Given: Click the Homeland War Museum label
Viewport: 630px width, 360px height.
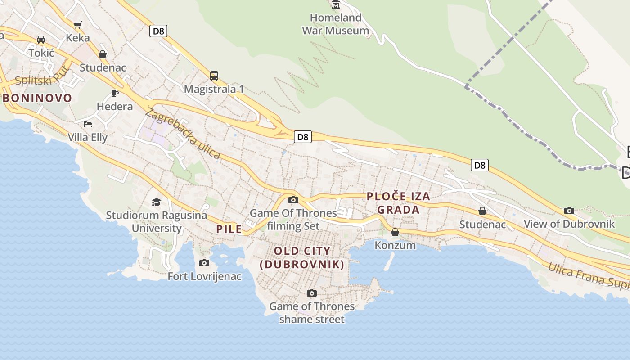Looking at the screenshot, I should [x=335, y=24].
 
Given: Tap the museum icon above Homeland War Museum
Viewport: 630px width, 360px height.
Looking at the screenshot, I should [x=336, y=5].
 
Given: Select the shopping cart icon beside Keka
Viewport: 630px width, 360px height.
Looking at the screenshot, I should [x=78, y=24].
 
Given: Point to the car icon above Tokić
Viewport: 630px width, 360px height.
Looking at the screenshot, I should [x=41, y=40].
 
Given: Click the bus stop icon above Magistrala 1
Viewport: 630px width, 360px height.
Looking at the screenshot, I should [x=214, y=76].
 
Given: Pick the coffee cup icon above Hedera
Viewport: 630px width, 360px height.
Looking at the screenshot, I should [x=115, y=93].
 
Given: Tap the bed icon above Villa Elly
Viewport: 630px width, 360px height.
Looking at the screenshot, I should [x=88, y=124].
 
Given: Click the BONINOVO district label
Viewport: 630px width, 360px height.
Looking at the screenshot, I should [x=37, y=98].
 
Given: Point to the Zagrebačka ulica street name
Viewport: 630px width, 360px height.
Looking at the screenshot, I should [x=183, y=134].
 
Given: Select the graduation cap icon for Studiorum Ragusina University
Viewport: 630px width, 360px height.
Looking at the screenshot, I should [x=156, y=202].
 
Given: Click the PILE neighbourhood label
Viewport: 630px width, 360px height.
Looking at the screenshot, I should [x=229, y=229].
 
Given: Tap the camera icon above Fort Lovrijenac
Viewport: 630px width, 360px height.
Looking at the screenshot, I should [x=204, y=263].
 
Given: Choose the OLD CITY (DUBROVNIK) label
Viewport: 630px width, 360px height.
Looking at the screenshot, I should [x=302, y=257].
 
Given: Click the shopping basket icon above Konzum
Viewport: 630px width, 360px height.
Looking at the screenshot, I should [x=395, y=232].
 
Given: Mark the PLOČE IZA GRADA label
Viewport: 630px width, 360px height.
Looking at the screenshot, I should [x=398, y=203].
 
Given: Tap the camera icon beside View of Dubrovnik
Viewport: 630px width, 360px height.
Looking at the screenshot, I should [x=569, y=211].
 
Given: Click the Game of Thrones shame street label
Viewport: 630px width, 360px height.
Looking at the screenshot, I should [x=312, y=313].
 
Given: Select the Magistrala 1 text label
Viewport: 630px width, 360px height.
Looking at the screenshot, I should [x=214, y=89].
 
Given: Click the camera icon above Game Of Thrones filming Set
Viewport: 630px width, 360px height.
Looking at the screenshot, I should [x=293, y=200].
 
